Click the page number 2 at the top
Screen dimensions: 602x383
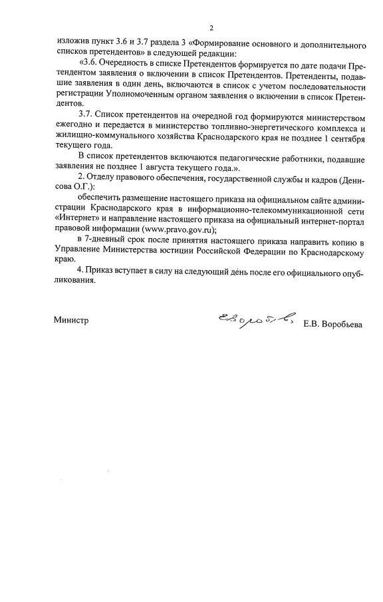(x=211, y=28)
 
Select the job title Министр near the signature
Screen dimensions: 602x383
(x=70, y=319)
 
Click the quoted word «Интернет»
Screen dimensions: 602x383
(x=76, y=220)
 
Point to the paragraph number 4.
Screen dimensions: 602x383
(x=80, y=271)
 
